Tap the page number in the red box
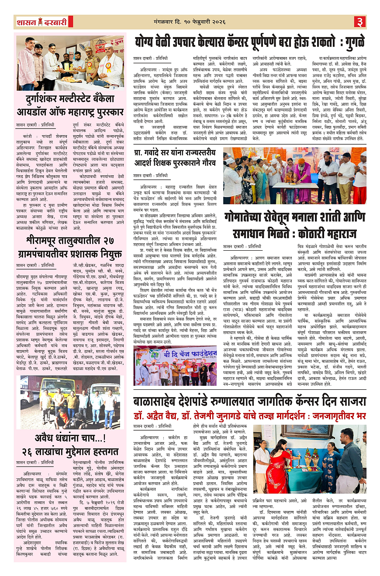(359, 21)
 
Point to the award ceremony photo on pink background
(70, 63)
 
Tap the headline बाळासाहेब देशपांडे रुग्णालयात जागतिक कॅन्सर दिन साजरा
(249, 400)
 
